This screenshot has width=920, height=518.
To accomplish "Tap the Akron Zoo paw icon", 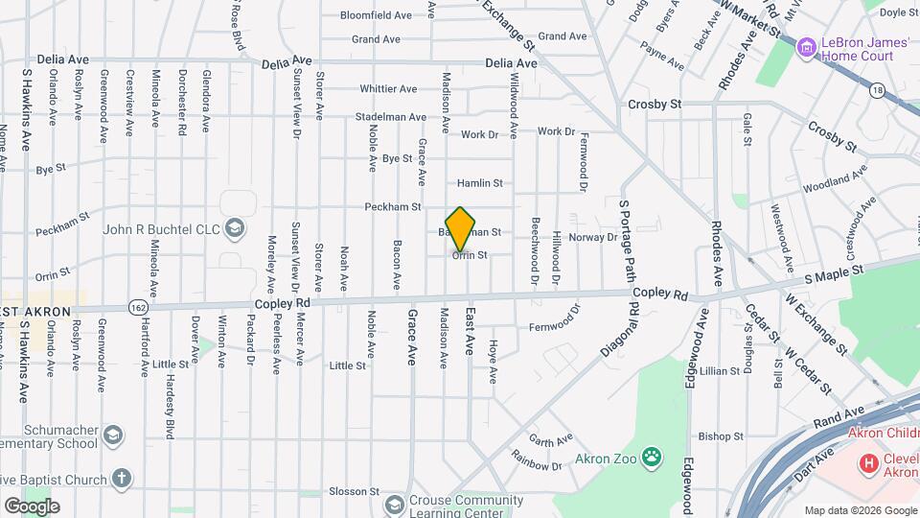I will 653,458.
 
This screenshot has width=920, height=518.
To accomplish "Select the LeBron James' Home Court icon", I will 806,46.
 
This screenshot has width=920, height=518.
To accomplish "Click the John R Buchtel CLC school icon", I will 236,228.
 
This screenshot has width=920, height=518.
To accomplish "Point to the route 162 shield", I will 137,307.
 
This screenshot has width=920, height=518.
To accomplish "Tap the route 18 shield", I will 877,90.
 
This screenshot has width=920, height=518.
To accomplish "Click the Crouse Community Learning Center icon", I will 393,505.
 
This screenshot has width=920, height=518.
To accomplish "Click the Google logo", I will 32,506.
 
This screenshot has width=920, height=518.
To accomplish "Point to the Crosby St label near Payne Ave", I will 654,104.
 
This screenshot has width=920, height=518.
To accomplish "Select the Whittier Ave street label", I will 388,89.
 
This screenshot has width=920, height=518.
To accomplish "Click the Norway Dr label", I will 592,237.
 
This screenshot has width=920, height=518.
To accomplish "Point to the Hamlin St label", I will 479,182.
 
